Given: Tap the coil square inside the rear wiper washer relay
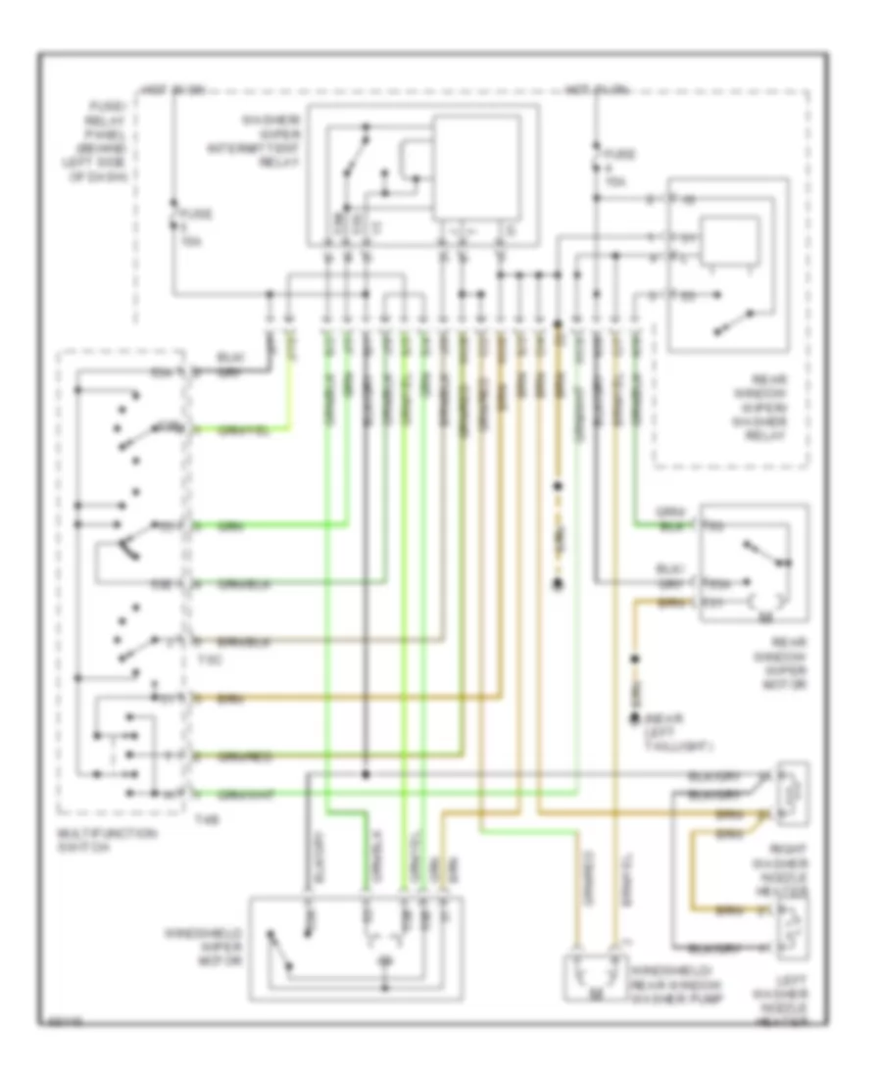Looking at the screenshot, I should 733,242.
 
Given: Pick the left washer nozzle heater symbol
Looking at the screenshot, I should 792,926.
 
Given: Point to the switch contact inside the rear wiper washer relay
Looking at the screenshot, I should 735,318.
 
